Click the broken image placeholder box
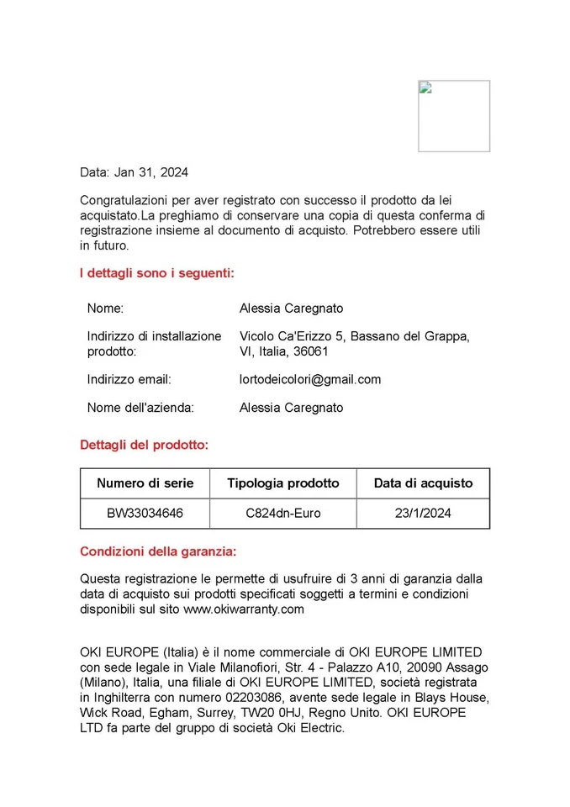click(454, 116)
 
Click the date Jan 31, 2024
click(151, 172)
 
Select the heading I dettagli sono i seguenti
click(156, 273)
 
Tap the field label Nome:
click(105, 309)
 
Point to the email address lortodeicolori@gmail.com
click(310, 379)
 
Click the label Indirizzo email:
click(129, 379)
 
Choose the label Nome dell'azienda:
click(140, 408)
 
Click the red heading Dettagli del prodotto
click(144, 445)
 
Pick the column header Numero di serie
click(145, 483)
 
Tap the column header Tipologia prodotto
click(283, 483)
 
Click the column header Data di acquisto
click(423, 483)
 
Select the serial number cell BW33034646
click(145, 513)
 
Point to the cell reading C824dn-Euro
click(283, 513)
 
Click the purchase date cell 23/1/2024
click(423, 513)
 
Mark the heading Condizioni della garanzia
click(158, 551)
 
